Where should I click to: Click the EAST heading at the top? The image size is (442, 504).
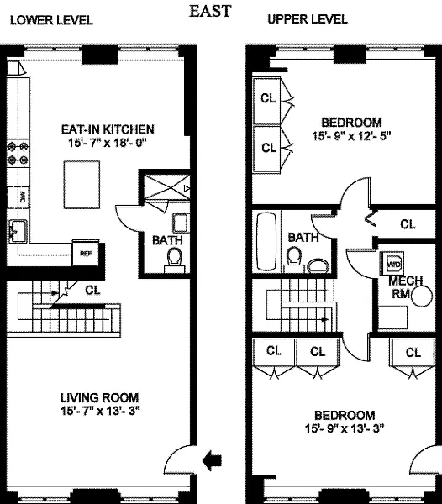pyautogui.click(x=210, y=11)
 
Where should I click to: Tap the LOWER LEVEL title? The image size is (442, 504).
pyautogui.click(x=51, y=20)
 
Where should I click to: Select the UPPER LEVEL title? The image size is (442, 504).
pyautogui.click(x=308, y=19)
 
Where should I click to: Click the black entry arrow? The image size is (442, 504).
pyautogui.click(x=212, y=460)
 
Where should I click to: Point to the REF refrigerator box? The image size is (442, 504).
pyautogui.click(x=86, y=253)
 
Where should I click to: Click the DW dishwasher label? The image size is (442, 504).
pyautogui.click(x=23, y=197)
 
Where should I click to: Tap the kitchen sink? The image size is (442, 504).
pyautogui.click(x=18, y=231)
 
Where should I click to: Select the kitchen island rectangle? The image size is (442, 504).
pyautogui.click(x=82, y=185)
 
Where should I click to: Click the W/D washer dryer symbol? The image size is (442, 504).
pyautogui.click(x=392, y=264)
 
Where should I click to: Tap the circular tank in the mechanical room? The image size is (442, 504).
pyautogui.click(x=422, y=297)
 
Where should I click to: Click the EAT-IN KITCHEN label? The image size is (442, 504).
pyautogui.click(x=108, y=129)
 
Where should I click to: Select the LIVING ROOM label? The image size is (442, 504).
pyautogui.click(x=100, y=397)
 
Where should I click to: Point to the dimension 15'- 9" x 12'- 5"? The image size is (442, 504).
pyautogui.click(x=351, y=136)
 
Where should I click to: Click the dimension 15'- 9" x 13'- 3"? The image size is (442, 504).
pyautogui.click(x=345, y=428)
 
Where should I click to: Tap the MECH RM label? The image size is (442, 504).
pyautogui.click(x=405, y=287)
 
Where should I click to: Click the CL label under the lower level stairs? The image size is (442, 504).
pyautogui.click(x=92, y=291)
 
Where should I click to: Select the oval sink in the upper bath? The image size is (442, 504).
pyautogui.click(x=318, y=266)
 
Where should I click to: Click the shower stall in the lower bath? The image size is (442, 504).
pyautogui.click(x=166, y=187)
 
